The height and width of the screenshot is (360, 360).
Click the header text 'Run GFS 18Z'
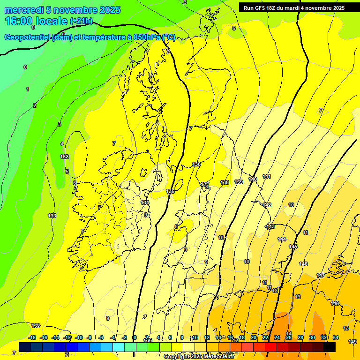(x=259, y=8)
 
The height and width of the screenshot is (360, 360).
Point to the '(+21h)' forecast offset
(x=81, y=21)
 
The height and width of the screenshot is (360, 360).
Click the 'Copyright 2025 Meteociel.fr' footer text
(x=199, y=356)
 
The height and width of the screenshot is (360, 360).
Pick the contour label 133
(x=52, y=216)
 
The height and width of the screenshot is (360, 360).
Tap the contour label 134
(x=145, y=202)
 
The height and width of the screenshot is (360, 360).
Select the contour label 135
(x=170, y=192)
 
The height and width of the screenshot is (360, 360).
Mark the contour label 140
(x=253, y=179)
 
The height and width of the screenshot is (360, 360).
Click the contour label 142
(x=267, y=205)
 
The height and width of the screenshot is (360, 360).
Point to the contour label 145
(x=293, y=247)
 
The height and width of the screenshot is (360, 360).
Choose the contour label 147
(x=321, y=275)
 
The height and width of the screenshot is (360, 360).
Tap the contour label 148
(x=335, y=303)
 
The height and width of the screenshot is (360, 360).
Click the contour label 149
(x=352, y=342)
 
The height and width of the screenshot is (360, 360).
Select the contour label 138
(x=225, y=182)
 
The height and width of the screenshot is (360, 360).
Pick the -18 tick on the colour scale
(x=32, y=337)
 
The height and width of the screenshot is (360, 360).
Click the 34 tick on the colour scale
(x=336, y=337)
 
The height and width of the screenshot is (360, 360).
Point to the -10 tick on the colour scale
(x=79, y=337)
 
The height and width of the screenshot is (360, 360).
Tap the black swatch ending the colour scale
(x=330, y=347)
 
